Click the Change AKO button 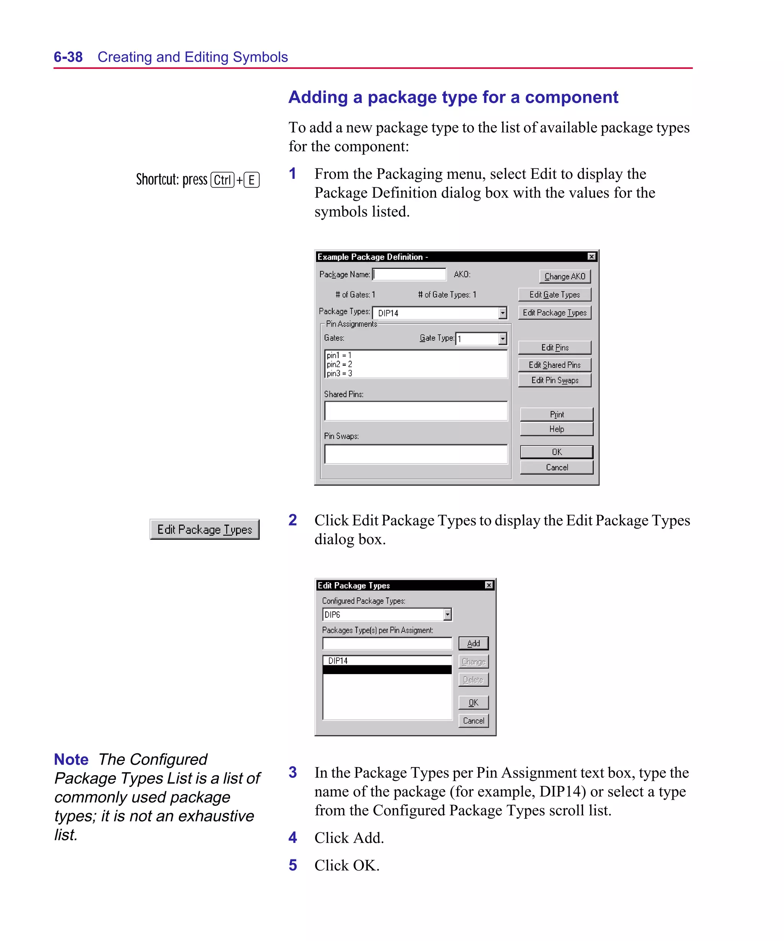[565, 277]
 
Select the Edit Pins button [555, 347]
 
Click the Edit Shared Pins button [555, 365]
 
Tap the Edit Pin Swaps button [555, 380]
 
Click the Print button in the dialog [556, 414]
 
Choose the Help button [556, 429]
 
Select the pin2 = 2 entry [340, 364]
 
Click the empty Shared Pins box [416, 411]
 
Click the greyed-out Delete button [473, 680]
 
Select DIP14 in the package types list [338, 661]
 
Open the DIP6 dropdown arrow [447, 614]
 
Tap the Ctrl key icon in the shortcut [222, 180]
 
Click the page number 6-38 [68, 57]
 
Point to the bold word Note [71, 759]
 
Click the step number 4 [292, 837]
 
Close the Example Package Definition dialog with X [591, 256]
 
